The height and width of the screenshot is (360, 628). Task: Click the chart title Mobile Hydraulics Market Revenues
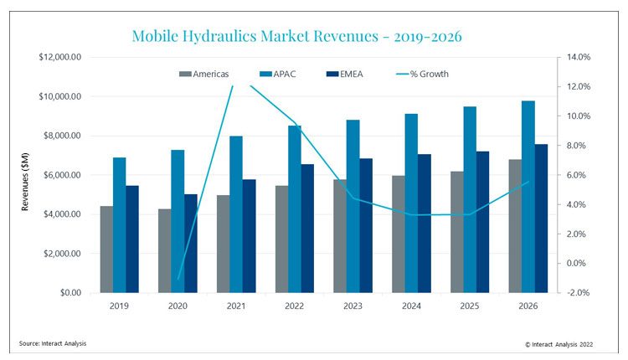click(297, 36)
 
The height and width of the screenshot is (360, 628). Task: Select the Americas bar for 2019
click(106, 249)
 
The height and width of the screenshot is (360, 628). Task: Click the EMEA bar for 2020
click(192, 244)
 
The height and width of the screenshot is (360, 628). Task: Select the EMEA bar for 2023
click(366, 225)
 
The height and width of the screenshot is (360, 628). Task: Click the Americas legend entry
click(203, 74)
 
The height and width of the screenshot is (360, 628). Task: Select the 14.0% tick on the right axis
click(579, 57)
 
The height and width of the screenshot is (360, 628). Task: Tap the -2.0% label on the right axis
click(579, 293)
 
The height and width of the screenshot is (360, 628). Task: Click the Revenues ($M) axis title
click(25, 175)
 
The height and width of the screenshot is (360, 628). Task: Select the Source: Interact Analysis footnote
click(53, 343)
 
